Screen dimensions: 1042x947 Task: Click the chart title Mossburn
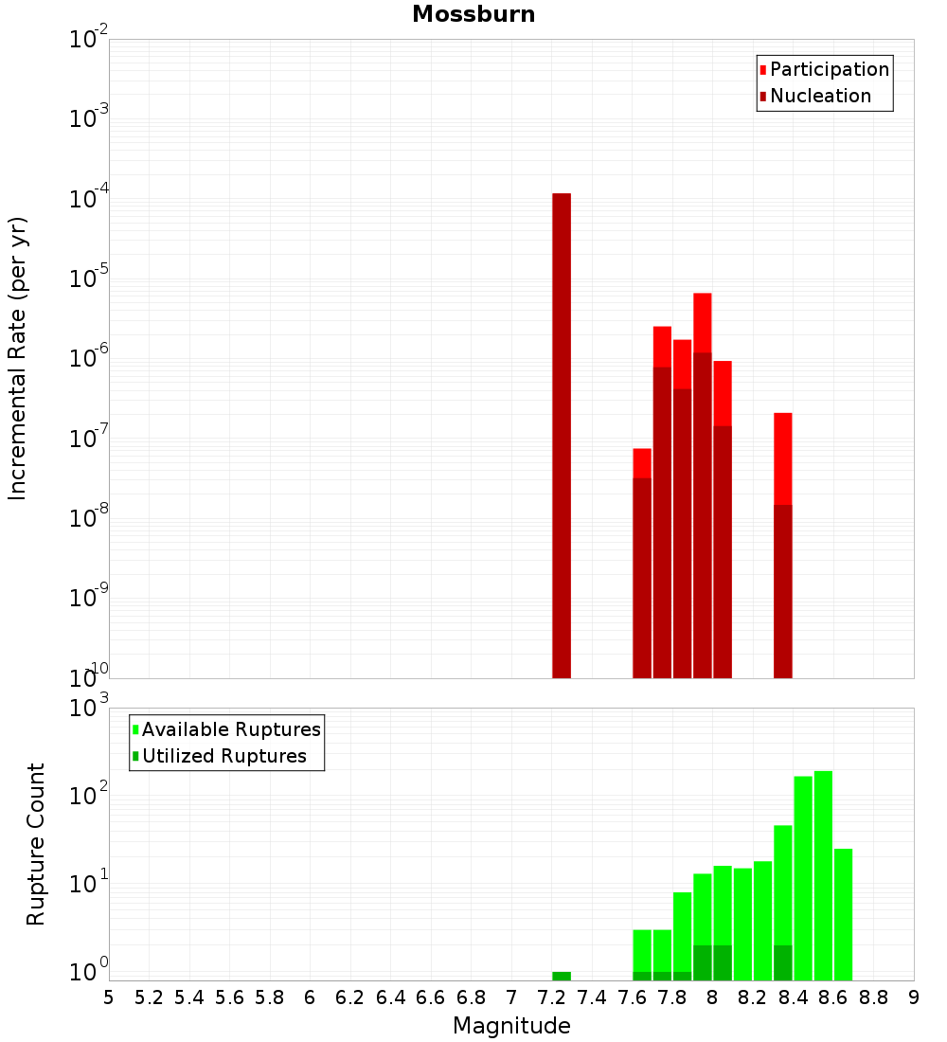coord(473,14)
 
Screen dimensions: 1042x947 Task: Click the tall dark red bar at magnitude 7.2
coord(562,436)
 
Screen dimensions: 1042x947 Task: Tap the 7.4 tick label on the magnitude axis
coord(592,997)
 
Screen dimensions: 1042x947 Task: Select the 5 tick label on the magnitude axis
coord(109,997)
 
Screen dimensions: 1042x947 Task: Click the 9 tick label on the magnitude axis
coord(914,997)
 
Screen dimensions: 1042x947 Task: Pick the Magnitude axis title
coord(511,1026)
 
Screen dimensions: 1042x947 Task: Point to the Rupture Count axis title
coord(36,843)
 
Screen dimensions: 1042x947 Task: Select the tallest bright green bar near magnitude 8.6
coord(823,876)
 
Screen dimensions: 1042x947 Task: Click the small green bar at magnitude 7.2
coord(562,976)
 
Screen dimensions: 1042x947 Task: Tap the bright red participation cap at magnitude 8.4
coord(782,458)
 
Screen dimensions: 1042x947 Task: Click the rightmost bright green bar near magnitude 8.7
coord(843,914)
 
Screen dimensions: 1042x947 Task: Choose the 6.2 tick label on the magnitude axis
coord(350,997)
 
